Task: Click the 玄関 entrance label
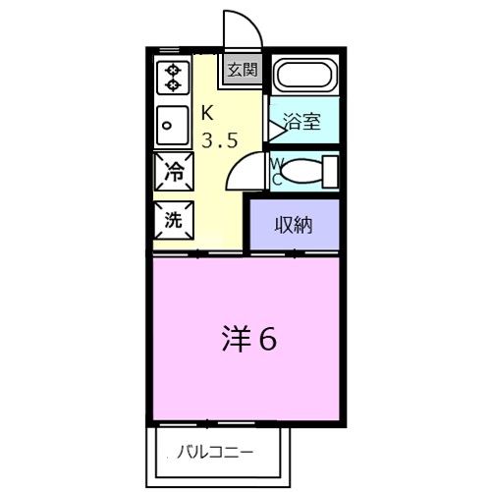click(x=242, y=70)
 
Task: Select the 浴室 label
click(x=301, y=122)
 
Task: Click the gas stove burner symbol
click(x=174, y=78)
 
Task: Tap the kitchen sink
click(x=174, y=124)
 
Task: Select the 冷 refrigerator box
click(x=174, y=173)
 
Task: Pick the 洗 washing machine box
click(x=174, y=219)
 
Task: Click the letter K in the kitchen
click(x=207, y=111)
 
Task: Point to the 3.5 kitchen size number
click(x=219, y=139)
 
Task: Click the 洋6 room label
click(x=246, y=339)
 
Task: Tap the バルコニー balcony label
click(x=216, y=453)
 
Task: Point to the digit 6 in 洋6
click(x=267, y=339)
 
